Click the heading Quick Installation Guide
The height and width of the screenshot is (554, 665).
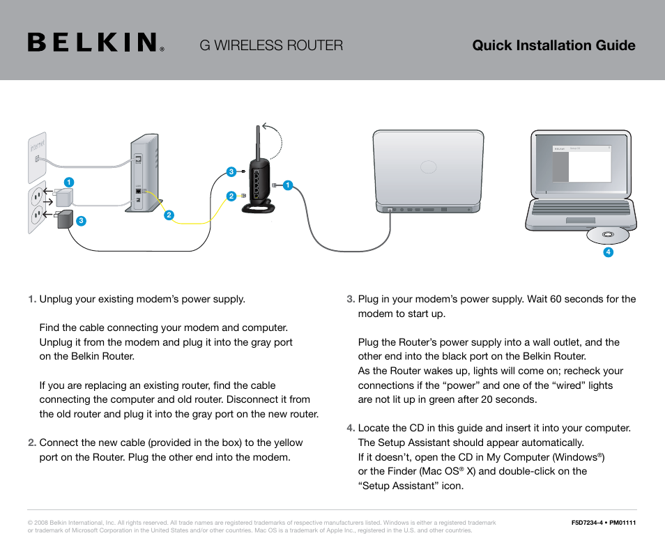553,45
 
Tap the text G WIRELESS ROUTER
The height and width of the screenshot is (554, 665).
271,45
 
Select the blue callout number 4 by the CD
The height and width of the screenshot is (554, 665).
608,252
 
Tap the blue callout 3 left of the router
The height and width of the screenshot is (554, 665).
231,171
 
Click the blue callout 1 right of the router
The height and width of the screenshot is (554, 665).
286,185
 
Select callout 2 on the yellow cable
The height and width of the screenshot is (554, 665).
169,215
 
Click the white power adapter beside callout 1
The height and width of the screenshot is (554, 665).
67,197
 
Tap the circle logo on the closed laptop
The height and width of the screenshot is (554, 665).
428,167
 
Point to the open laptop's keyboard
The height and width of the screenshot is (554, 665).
581,208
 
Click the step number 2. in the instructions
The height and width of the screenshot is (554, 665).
32,443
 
